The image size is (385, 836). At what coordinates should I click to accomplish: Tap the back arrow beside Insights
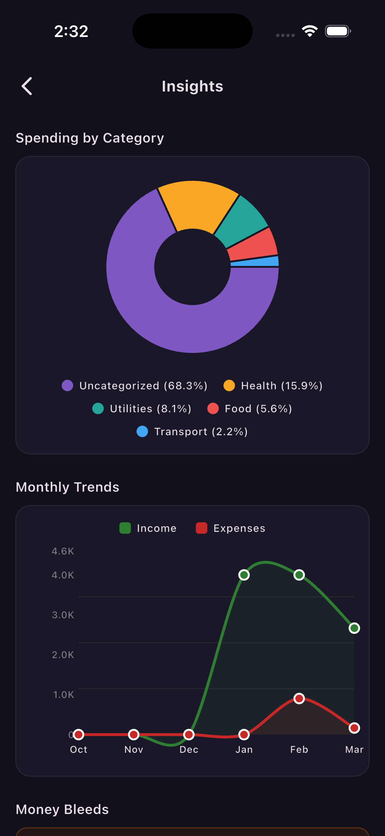[x=27, y=86]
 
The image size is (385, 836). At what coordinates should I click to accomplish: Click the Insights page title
[x=192, y=86]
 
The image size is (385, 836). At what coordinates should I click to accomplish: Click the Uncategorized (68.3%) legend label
[x=143, y=385]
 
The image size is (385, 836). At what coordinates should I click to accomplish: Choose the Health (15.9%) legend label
[x=282, y=385]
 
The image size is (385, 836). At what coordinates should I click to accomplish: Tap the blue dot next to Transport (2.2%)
[x=142, y=432]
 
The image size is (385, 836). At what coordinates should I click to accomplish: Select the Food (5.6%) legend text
[x=258, y=408]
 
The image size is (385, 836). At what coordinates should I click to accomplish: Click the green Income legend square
[x=125, y=528]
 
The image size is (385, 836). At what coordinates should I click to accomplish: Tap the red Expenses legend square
[x=201, y=528]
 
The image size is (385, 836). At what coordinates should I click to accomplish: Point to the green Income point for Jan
[x=244, y=575]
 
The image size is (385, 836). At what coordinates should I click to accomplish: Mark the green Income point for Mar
[x=354, y=628]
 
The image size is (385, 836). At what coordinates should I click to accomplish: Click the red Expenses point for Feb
[x=299, y=698]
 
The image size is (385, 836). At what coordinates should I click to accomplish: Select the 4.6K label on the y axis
[x=63, y=551]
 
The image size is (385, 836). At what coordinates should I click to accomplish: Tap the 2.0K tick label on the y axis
[x=63, y=655]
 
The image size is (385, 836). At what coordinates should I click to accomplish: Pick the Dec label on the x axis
[x=189, y=749]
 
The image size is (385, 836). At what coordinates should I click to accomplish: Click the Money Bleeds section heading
[x=62, y=810]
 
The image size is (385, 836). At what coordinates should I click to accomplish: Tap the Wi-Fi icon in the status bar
[x=310, y=31]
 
